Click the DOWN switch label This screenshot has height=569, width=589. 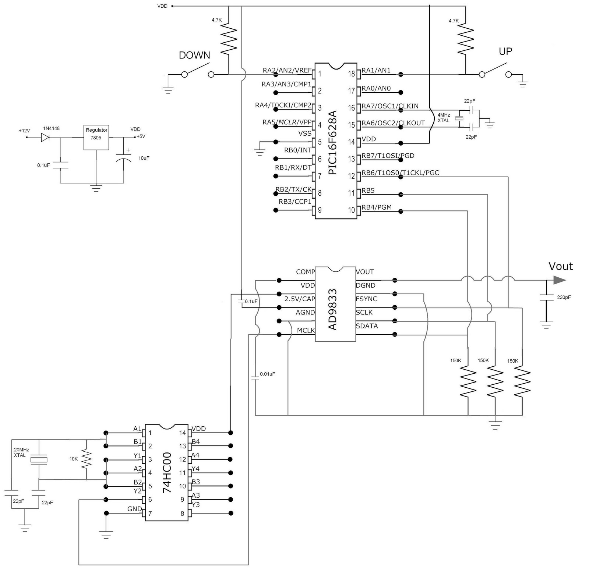click(x=194, y=55)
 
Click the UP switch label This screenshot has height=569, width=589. click(x=505, y=51)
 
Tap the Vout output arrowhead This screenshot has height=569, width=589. click(x=559, y=280)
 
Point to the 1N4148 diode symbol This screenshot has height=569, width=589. click(x=45, y=138)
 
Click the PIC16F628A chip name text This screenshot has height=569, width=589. click(x=332, y=143)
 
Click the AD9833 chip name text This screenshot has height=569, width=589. click(x=332, y=309)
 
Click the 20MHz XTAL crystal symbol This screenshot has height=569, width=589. click(x=39, y=460)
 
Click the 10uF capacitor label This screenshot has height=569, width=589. click(x=144, y=158)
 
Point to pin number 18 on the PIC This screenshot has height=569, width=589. click(x=351, y=74)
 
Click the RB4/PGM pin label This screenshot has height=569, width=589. click(x=376, y=207)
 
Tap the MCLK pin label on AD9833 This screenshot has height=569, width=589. click(x=306, y=330)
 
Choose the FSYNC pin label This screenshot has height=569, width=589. click(x=366, y=299)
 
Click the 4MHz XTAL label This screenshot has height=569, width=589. click(x=444, y=118)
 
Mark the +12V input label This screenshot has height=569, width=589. click(x=24, y=131)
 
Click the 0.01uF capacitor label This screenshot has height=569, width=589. click(x=267, y=374)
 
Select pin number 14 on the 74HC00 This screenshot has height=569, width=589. click(x=183, y=433)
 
